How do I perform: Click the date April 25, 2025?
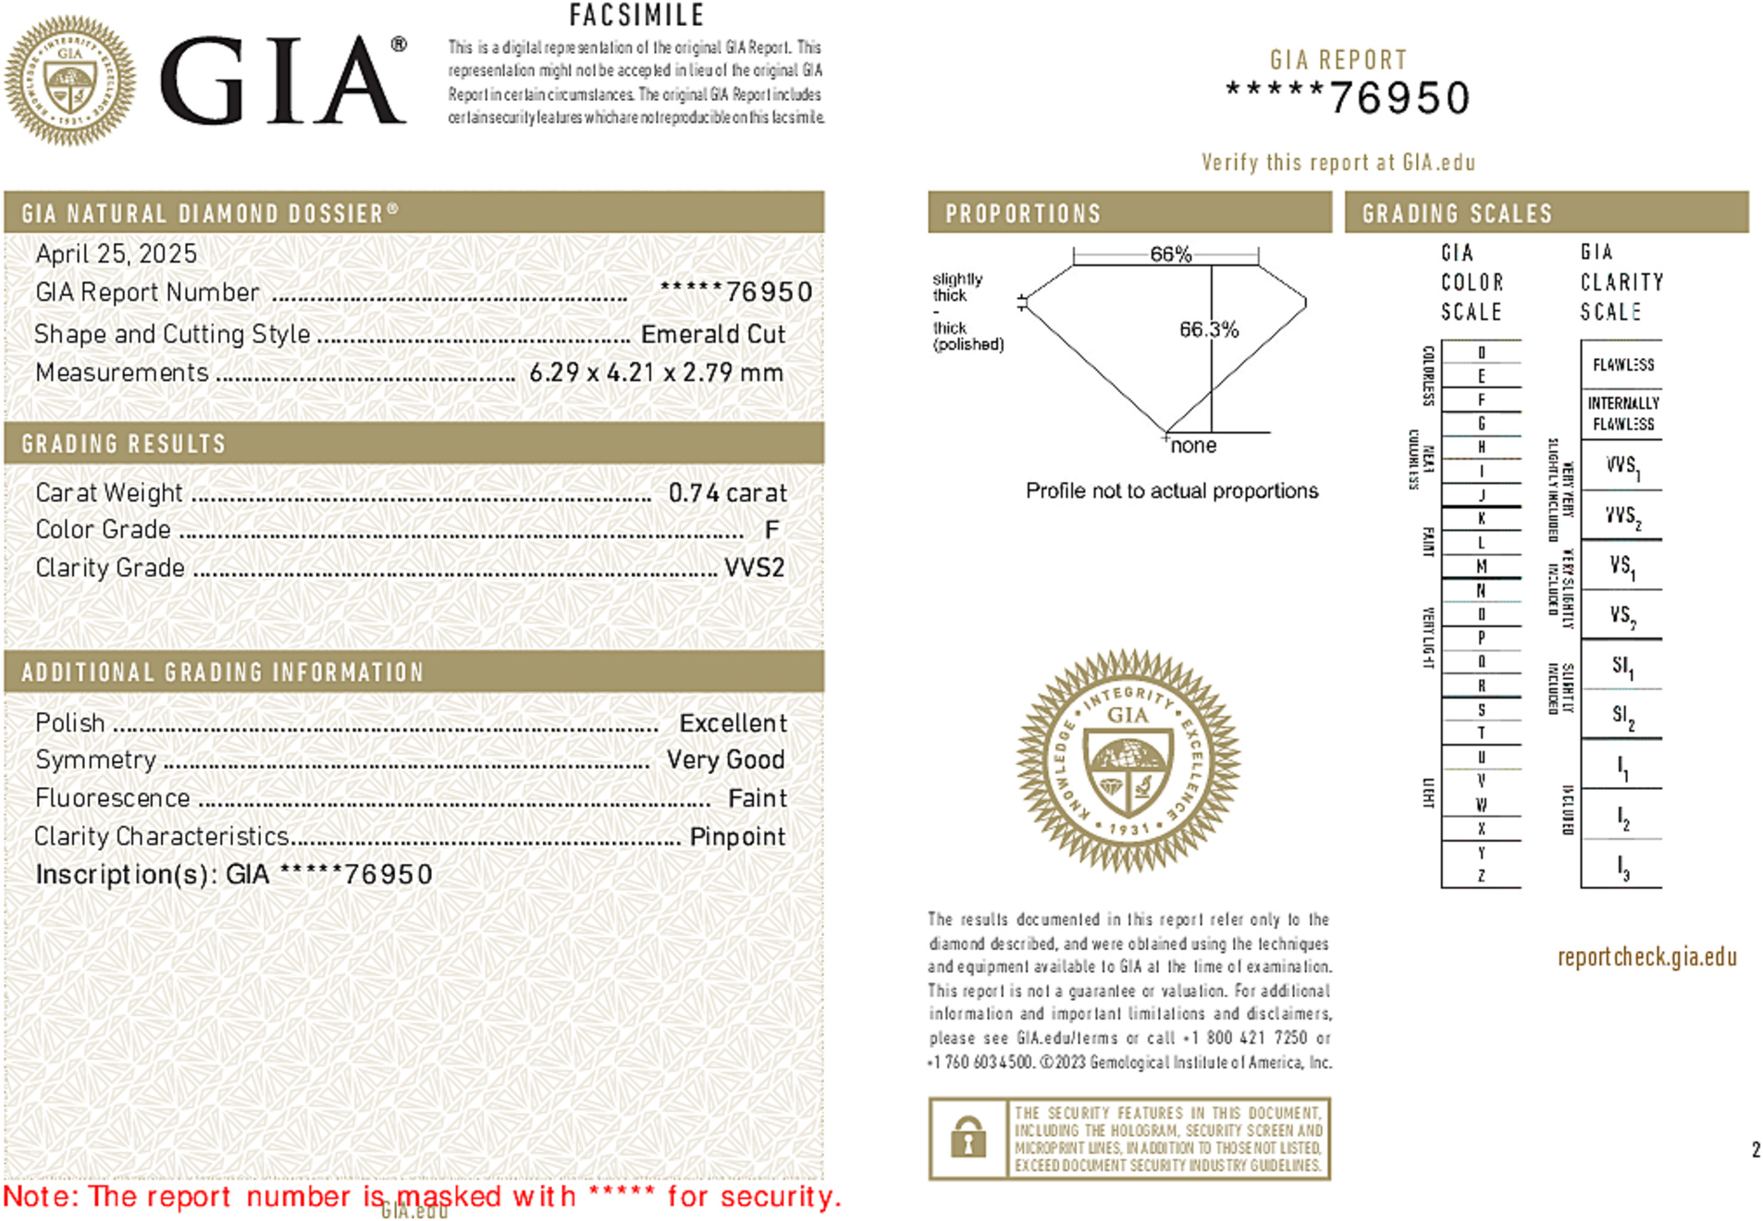coord(116,253)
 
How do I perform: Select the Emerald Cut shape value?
coord(712,334)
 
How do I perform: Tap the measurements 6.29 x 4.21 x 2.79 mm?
coord(656,373)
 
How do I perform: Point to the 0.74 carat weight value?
coord(727,493)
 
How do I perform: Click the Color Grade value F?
coord(771,530)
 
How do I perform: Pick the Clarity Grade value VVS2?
coord(754,568)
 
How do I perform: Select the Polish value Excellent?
coord(733,723)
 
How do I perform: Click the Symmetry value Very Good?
coord(725,760)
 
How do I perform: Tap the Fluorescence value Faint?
coord(757,798)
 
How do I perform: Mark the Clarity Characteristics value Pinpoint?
coord(737,837)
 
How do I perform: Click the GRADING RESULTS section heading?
coord(123,444)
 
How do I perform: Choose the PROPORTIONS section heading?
coord(1023,214)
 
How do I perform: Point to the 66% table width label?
coord(1170,254)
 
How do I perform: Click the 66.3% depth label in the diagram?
coord(1208,329)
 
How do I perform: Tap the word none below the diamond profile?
coord(1193,446)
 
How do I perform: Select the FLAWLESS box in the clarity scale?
coord(1622,365)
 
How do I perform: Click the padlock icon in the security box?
coord(968,1137)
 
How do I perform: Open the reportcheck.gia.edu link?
coord(1646,956)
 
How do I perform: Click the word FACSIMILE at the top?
coord(636,16)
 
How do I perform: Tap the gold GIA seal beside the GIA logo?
coord(70,80)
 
